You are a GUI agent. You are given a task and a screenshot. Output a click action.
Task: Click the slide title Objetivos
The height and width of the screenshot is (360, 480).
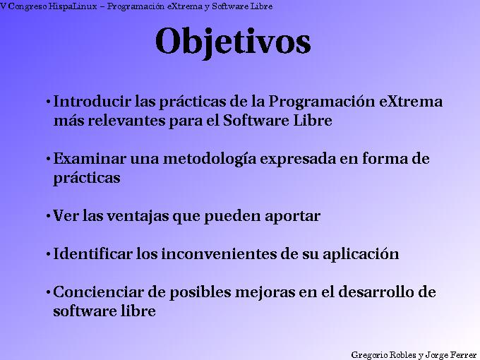tap(233, 41)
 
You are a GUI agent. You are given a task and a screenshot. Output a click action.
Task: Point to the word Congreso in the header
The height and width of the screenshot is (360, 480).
tap(27, 6)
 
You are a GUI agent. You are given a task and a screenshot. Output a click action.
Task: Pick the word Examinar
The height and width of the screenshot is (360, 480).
tap(82, 159)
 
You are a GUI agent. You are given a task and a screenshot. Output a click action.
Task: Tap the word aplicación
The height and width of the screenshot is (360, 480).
tap(361, 255)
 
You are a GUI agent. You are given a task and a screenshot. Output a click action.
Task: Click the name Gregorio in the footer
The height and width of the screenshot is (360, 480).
tap(368, 354)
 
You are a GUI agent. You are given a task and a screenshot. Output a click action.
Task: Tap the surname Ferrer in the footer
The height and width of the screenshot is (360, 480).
tap(463, 354)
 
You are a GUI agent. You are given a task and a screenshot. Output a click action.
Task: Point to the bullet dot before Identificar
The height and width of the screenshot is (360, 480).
tap(47, 255)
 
